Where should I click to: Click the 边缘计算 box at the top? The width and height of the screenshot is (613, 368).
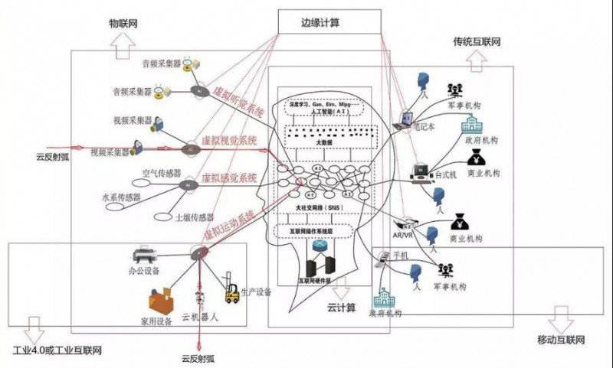click(329, 23)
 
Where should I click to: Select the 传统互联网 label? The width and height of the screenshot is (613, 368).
click(477, 38)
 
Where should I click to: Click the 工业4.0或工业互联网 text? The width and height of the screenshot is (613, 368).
click(57, 350)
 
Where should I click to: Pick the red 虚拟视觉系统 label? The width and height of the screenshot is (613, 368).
click(230, 141)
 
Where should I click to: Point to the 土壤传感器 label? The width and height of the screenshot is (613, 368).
click(194, 217)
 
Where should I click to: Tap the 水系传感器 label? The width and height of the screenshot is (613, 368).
click(122, 197)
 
